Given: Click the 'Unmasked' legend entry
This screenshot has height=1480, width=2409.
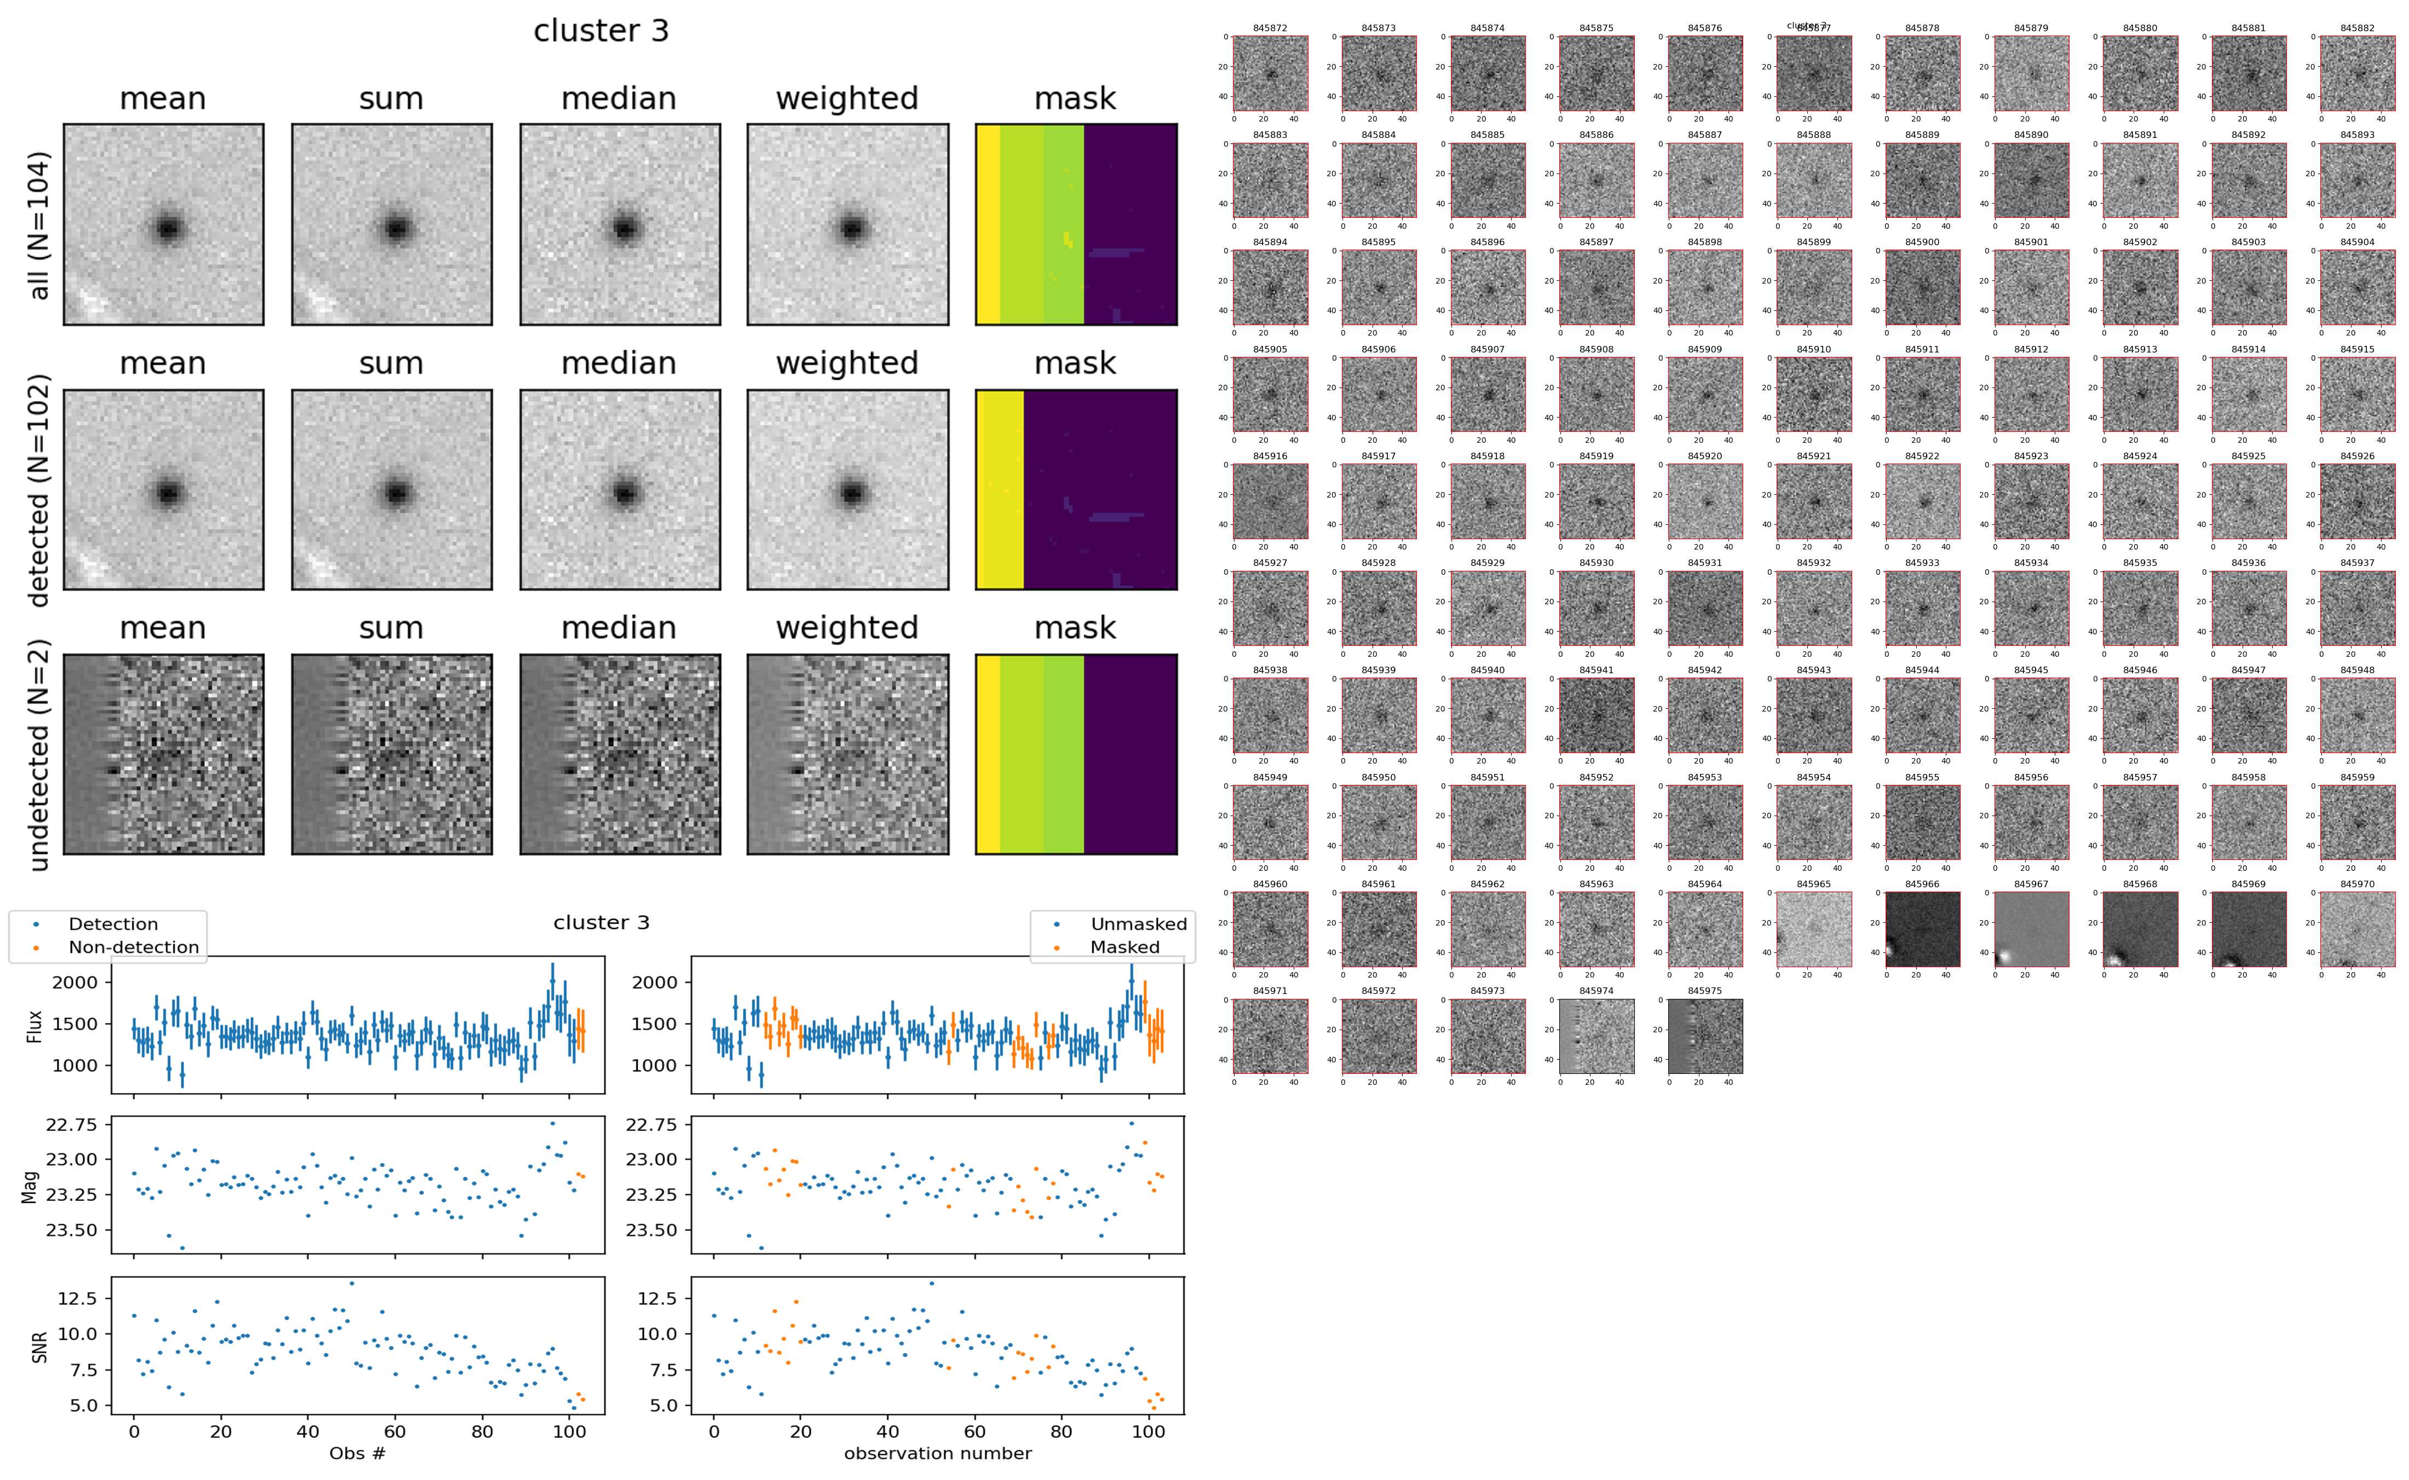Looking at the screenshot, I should tap(1138, 924).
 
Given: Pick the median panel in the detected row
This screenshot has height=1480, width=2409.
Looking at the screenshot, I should tap(620, 489).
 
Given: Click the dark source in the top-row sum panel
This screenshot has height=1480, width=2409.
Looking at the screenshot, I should tap(395, 229).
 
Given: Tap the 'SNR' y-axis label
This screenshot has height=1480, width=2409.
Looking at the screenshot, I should tap(39, 1347).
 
